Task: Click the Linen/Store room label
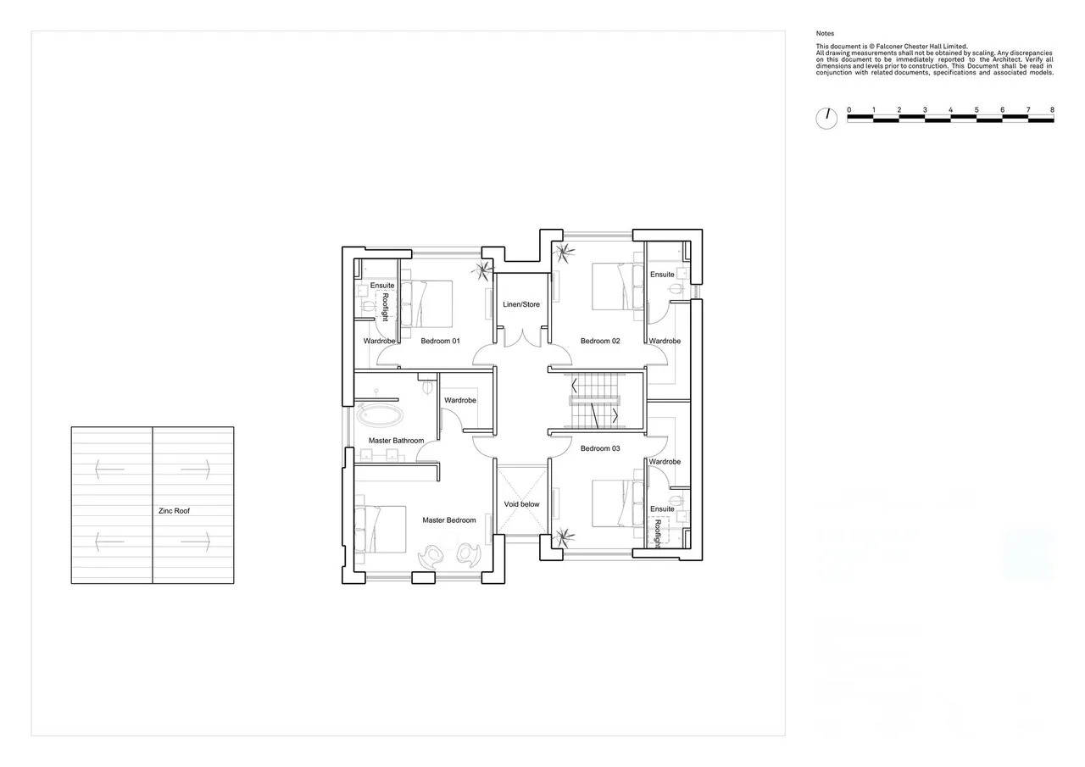[521, 304]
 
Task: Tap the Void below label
[521, 504]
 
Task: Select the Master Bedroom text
[449, 520]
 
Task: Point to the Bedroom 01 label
[440, 341]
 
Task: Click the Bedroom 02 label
[600, 341]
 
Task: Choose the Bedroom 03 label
[600, 448]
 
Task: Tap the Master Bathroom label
[396, 441]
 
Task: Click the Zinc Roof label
[175, 511]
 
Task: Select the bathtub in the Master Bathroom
[380, 415]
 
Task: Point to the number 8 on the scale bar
[1052, 110]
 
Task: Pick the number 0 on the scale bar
[849, 110]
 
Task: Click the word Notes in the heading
[825, 33]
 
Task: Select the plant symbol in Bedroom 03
[564, 538]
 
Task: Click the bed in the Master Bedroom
[381, 529]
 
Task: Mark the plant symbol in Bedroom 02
[564, 253]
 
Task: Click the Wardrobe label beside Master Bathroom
[460, 400]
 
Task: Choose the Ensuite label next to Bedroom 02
[662, 275]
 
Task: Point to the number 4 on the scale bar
[951, 110]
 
